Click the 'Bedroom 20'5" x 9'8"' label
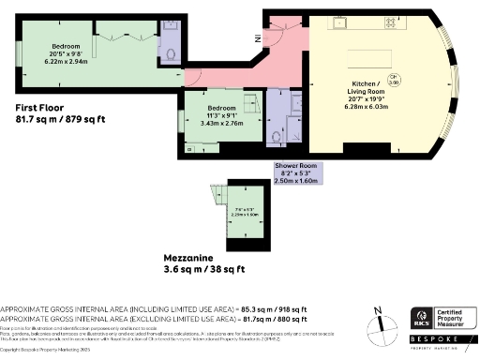click(66, 52)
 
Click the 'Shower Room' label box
click(297, 173)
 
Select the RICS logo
click(421, 318)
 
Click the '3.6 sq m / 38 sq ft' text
click(198, 270)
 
